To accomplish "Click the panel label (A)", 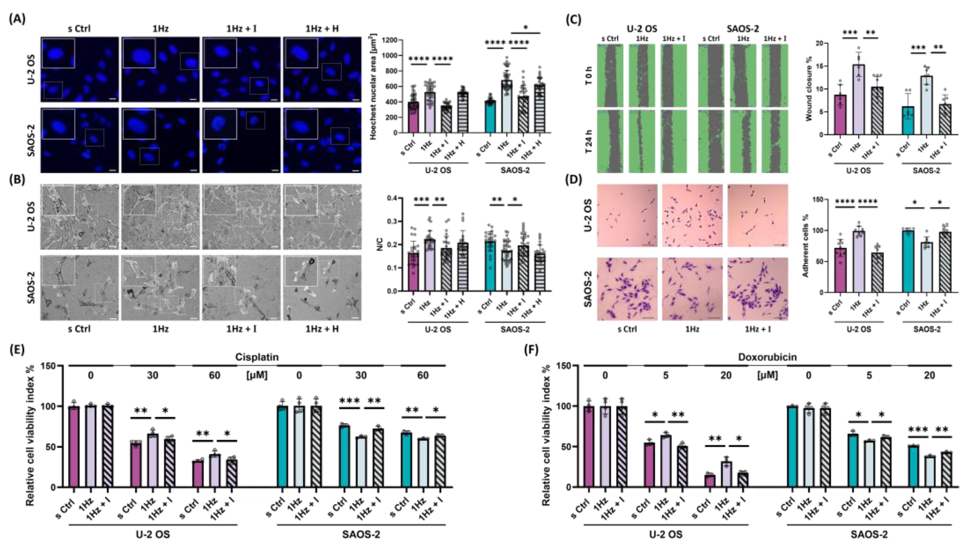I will click(17, 19).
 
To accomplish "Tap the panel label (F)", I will click(531, 350).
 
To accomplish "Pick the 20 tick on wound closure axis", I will click(818, 43).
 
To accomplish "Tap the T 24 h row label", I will click(589, 141).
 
